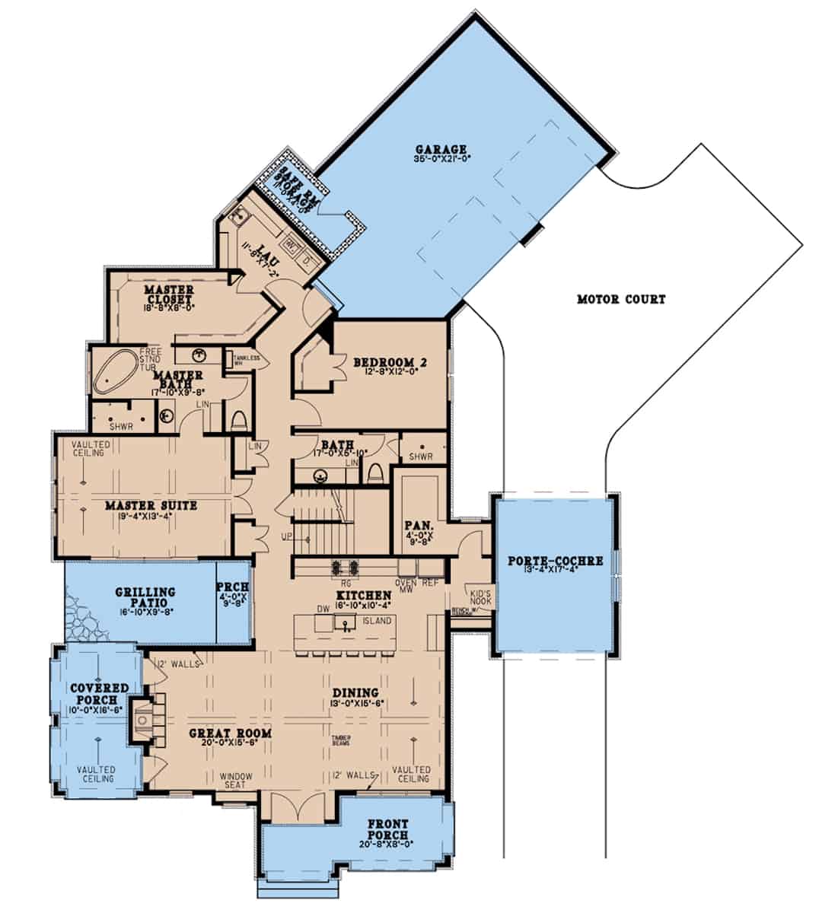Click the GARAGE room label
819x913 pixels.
point(451,148)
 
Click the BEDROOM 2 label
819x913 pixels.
point(390,363)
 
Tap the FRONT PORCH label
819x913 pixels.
point(387,829)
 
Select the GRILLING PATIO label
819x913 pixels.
point(145,596)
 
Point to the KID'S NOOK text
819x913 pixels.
point(482,597)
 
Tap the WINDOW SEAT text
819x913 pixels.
point(236,781)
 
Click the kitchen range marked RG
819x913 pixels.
point(344,567)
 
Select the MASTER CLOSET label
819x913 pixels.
point(169,295)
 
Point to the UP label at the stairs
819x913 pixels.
point(287,538)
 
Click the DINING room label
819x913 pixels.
point(355,693)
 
